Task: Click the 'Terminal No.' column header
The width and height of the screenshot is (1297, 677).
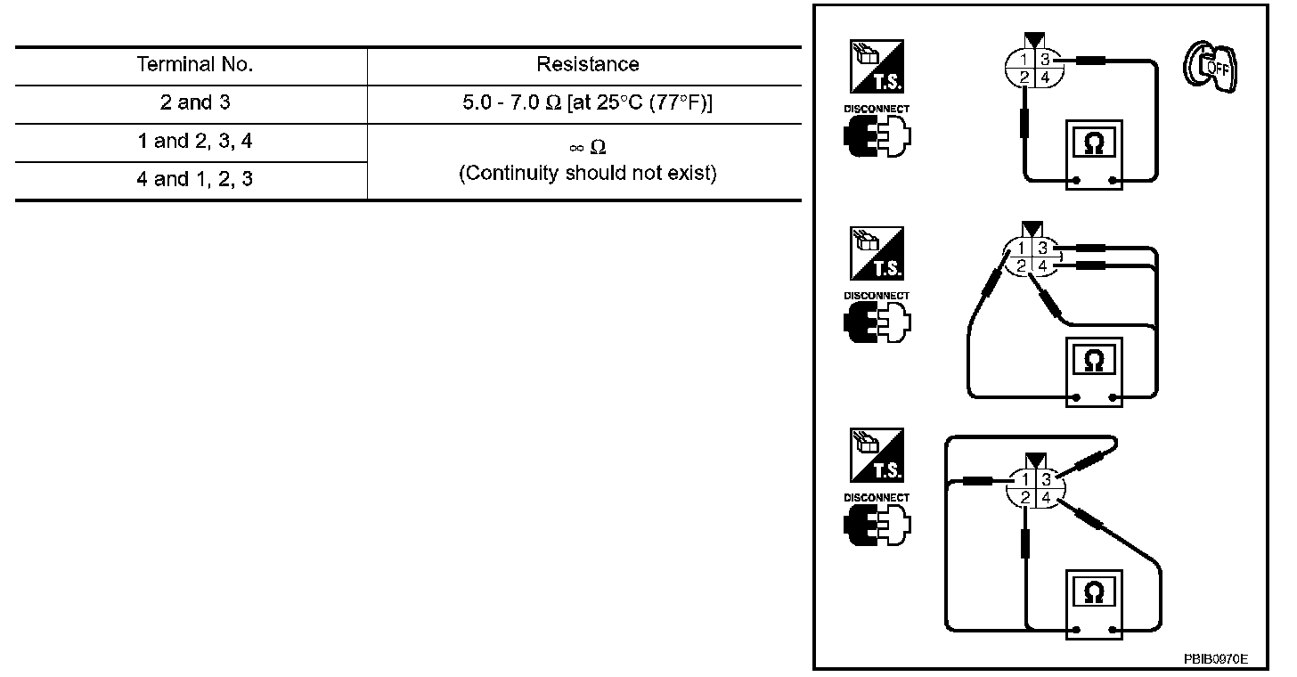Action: [195, 64]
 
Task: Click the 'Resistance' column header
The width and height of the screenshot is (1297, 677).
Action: [587, 64]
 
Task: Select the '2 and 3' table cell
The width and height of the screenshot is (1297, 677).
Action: [195, 102]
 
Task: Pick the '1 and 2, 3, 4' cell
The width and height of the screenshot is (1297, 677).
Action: [195, 141]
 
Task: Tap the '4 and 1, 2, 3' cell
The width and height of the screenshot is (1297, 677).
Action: [195, 179]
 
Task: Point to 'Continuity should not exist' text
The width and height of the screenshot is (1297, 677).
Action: [587, 173]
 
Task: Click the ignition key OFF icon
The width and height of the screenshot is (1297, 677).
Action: [1207, 69]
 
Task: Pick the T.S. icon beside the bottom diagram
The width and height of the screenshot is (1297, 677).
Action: [877, 456]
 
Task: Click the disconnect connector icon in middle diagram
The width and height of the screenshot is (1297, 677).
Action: [877, 322]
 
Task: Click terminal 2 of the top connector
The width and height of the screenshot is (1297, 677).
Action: [1025, 77]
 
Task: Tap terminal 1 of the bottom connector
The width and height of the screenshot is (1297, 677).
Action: [1026, 479]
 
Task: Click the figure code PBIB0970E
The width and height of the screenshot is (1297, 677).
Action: [1215, 659]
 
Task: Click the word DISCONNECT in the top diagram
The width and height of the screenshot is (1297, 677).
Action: [877, 109]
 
